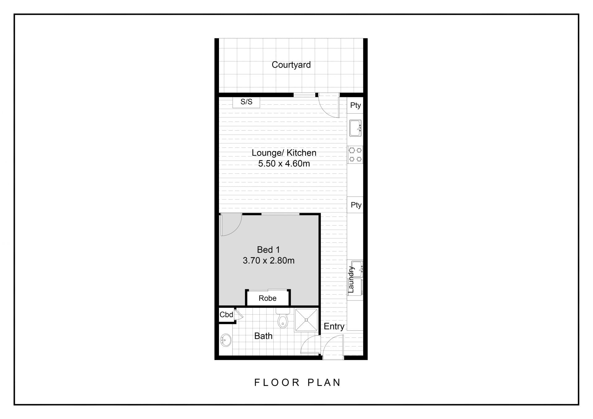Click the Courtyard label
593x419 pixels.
(x=291, y=65)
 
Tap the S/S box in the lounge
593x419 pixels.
(x=246, y=102)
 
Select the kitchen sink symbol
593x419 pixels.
(x=355, y=128)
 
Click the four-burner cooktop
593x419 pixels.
(x=355, y=155)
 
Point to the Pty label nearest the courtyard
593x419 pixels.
(x=355, y=106)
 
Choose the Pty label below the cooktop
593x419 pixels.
(x=356, y=205)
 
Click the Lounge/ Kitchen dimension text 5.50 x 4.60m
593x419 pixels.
(x=284, y=164)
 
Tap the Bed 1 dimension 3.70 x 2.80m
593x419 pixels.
(x=269, y=261)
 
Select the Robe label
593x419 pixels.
(x=267, y=298)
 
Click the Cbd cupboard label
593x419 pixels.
(x=226, y=315)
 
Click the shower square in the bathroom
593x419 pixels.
(x=306, y=320)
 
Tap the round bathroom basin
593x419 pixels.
(x=226, y=340)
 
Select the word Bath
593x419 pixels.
(x=263, y=336)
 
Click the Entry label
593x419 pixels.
(x=334, y=327)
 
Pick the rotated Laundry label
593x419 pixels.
(x=351, y=279)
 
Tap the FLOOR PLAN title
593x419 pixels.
(x=297, y=383)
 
